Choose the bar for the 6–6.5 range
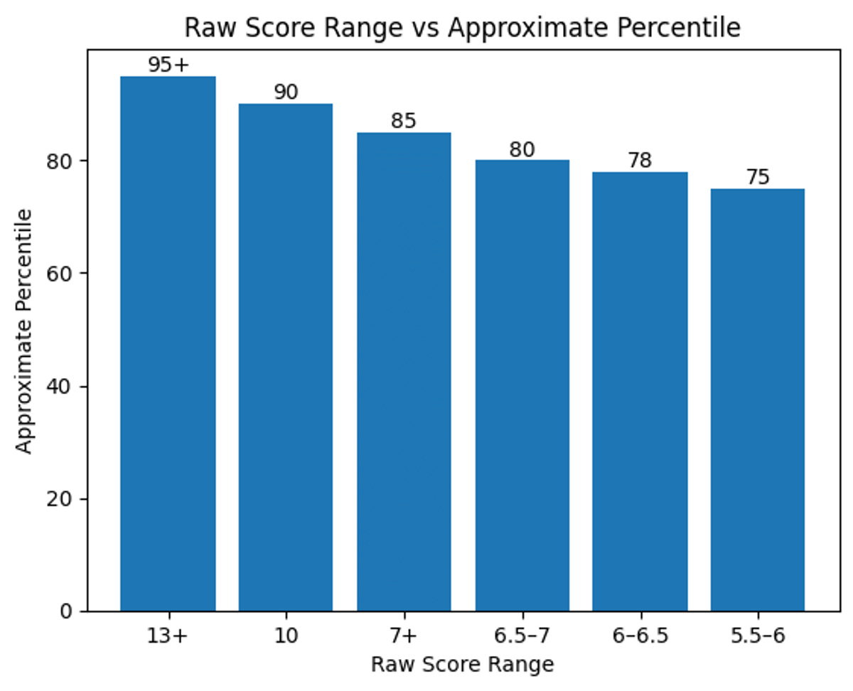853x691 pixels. tap(640, 391)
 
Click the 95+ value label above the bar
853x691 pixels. tap(169, 65)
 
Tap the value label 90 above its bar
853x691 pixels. tap(286, 92)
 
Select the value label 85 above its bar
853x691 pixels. tap(404, 121)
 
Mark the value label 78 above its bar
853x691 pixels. tap(640, 161)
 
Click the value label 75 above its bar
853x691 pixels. tap(758, 177)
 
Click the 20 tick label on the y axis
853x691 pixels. tap(63, 499)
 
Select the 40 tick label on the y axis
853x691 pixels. tap(63, 387)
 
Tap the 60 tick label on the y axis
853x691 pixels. tap(63, 274)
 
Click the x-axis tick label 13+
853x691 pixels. tap(168, 636)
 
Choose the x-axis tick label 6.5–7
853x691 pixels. tap(522, 636)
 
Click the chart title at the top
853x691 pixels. tap(462, 28)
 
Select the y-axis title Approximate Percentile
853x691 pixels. tap(24, 331)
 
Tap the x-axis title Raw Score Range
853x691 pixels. tap(462, 665)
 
